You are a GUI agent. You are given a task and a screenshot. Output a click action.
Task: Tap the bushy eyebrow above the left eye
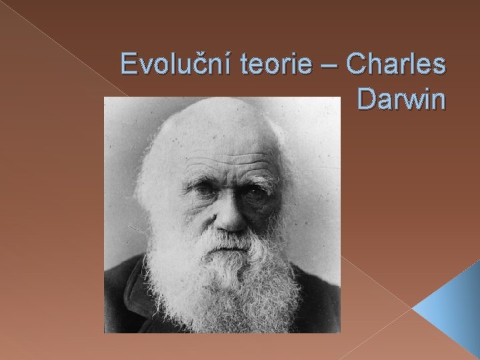click(x=200, y=177)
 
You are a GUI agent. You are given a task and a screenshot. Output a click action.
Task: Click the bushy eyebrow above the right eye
click(x=257, y=177)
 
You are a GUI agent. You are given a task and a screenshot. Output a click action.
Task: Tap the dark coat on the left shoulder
click(x=123, y=293)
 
